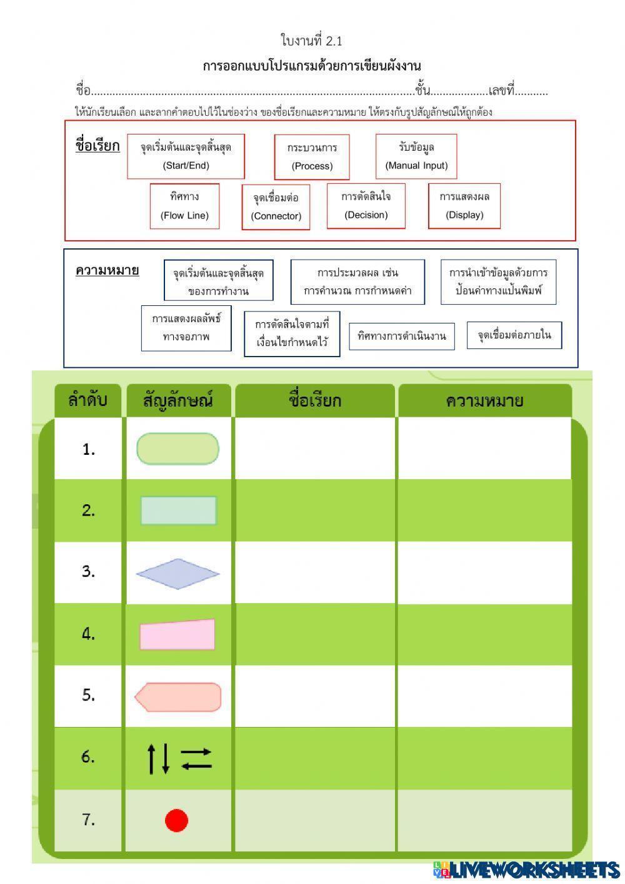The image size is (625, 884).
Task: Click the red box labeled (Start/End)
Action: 186,156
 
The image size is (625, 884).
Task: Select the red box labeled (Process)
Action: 312,157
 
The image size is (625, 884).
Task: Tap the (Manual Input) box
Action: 416,156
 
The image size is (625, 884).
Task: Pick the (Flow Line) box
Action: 184,206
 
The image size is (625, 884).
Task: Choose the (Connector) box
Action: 276,207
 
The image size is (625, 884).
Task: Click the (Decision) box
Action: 366,206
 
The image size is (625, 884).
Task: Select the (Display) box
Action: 464,206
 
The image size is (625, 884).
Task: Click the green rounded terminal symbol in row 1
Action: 177,449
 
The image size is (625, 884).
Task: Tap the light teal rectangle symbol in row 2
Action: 178,511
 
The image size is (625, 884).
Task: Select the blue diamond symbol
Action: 177,574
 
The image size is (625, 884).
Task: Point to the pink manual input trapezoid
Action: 177,635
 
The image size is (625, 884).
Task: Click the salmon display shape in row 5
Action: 178,697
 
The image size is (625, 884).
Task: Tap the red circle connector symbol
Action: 176,820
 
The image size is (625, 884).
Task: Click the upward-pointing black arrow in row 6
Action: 151,758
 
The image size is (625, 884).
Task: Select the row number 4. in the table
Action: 88,634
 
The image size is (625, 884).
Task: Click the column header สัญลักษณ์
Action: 178,400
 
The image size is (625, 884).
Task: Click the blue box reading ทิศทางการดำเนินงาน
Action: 401,336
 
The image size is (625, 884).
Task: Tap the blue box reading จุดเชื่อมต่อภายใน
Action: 514,335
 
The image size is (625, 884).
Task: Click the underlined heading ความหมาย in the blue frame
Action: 107,270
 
